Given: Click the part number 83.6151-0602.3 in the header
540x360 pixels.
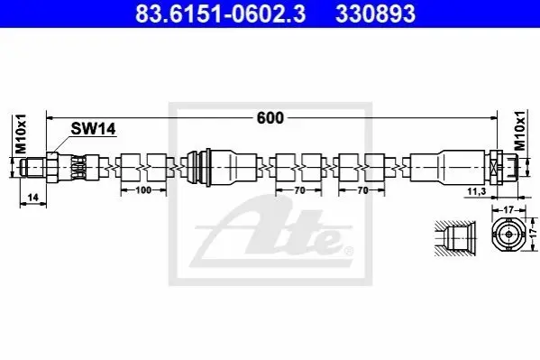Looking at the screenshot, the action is [220, 14].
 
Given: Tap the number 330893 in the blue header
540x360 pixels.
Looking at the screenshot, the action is [375, 14].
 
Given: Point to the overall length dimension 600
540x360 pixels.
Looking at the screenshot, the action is [270, 118].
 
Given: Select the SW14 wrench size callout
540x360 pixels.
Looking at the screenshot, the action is [93, 129].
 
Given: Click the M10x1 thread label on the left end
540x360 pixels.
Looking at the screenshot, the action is [21, 134].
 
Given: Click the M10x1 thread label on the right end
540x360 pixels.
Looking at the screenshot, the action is [520, 131].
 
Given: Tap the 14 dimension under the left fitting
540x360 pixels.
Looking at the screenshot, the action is [32, 198].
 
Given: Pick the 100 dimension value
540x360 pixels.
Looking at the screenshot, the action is [143, 190].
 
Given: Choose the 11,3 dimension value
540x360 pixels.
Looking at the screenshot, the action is [477, 191].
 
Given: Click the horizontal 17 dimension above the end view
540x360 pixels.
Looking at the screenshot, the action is [508, 209].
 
